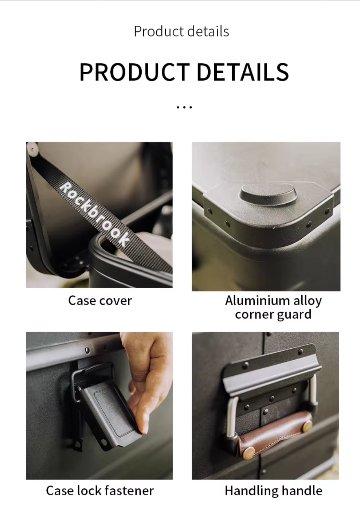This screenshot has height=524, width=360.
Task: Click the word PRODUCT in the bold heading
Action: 134,72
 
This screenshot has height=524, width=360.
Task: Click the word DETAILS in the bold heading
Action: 243,72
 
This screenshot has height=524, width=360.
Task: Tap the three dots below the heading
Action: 184,107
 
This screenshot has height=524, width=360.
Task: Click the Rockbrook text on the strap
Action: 95,214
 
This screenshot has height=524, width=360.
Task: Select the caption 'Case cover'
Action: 100,301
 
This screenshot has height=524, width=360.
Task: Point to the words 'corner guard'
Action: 273,314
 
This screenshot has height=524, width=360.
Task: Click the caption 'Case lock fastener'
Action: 100,490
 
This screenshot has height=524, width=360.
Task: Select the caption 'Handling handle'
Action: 273,490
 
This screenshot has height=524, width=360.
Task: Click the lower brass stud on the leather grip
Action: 249,453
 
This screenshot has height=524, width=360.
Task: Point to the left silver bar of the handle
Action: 232,416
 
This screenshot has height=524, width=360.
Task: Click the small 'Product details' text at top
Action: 181,31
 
